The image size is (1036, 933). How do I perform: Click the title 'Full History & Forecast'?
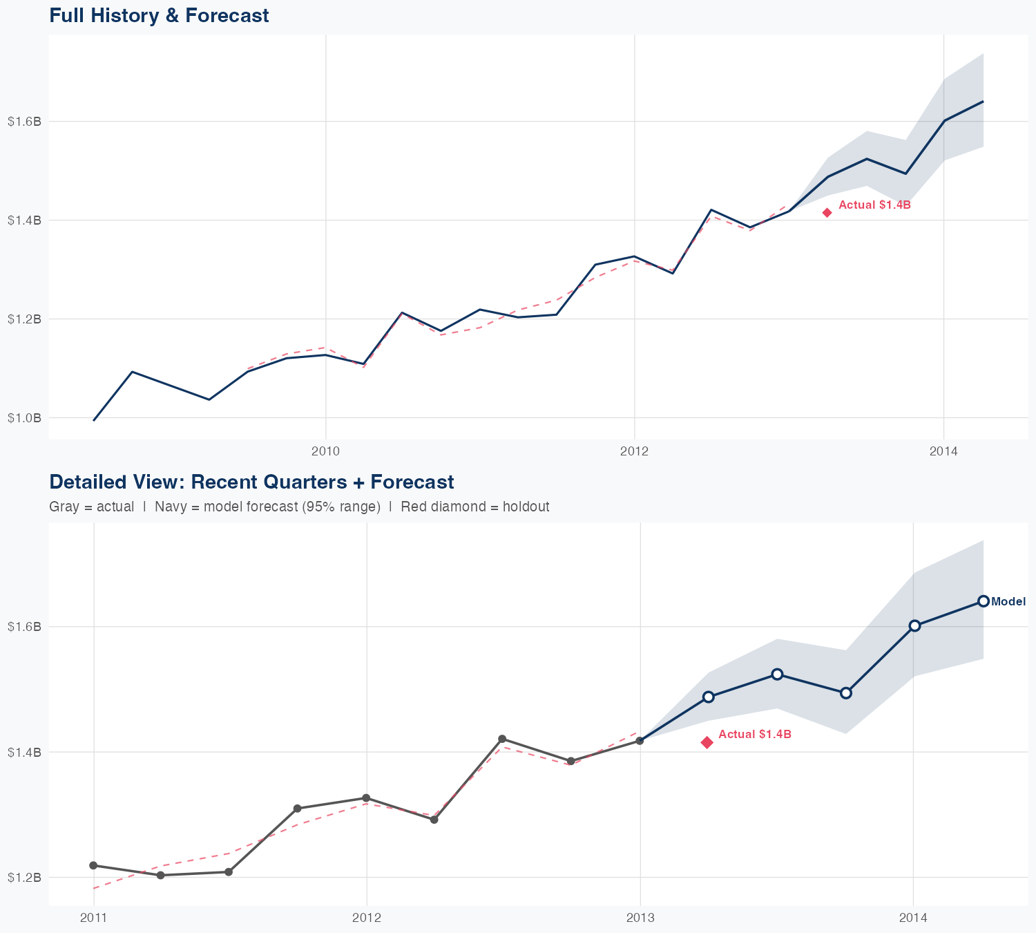[x=159, y=15]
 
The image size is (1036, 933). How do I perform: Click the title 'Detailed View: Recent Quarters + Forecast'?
[x=251, y=482]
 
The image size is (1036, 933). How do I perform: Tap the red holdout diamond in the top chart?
[x=827, y=213]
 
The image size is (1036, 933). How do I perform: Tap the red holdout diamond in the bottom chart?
[x=707, y=742]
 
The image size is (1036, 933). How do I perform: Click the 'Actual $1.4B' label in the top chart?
[x=874, y=205]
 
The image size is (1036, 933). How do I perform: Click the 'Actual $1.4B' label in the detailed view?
[x=754, y=735]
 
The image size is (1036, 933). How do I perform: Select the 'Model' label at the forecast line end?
[x=1008, y=602]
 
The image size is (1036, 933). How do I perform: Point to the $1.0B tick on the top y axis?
[x=24, y=418]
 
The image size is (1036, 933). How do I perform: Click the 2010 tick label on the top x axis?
[x=325, y=452]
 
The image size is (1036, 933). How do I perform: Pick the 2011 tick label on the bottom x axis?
[x=93, y=918]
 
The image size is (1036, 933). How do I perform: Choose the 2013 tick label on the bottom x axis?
[x=640, y=918]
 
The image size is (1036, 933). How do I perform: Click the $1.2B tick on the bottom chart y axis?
[x=24, y=878]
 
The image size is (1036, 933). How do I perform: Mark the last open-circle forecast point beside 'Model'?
[x=983, y=601]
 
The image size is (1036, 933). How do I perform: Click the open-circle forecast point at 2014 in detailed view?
[x=914, y=625]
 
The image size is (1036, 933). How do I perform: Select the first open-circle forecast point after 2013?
[x=708, y=697]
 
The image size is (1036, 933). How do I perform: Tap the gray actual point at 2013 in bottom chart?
[x=640, y=741]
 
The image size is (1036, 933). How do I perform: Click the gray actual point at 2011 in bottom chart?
[x=93, y=865]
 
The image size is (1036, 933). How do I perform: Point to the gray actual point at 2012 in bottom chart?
[x=366, y=798]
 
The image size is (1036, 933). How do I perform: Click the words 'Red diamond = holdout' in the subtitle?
[x=474, y=507]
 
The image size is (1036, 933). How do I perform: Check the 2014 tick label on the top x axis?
[x=943, y=452]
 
